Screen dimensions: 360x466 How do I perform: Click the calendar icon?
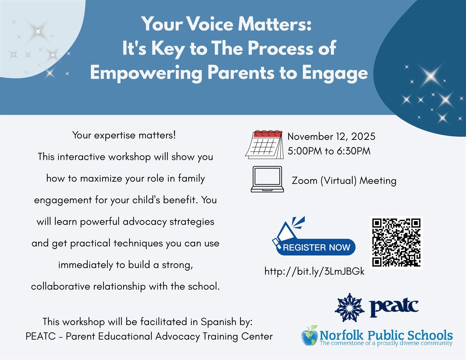(x=264, y=144)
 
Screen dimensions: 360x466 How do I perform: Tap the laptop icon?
(x=267, y=179)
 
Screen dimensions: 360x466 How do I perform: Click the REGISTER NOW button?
(x=316, y=248)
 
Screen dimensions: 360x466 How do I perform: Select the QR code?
(x=396, y=242)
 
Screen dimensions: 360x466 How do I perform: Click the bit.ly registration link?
(x=314, y=271)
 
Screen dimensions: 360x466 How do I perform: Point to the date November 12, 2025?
(x=331, y=136)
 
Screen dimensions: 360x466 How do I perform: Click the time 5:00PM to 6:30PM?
(x=329, y=151)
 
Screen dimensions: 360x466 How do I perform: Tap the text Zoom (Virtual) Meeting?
(x=344, y=181)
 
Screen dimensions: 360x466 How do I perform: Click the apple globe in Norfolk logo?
(x=310, y=336)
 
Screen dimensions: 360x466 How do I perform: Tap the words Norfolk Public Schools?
(x=386, y=335)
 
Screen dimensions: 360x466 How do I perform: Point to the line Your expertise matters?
(x=124, y=135)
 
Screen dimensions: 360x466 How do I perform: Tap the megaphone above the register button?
(x=288, y=230)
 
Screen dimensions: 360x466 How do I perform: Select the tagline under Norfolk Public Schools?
(x=386, y=343)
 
